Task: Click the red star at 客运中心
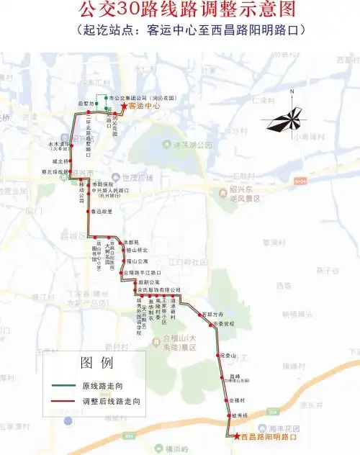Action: tap(123, 107)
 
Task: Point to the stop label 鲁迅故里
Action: tap(102, 212)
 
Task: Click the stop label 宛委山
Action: tap(228, 356)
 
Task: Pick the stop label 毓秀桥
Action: tap(240, 415)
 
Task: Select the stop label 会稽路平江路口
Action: tap(141, 273)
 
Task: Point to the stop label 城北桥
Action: tap(60, 161)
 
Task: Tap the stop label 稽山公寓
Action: tap(137, 261)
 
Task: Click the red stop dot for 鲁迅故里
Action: tap(88, 212)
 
